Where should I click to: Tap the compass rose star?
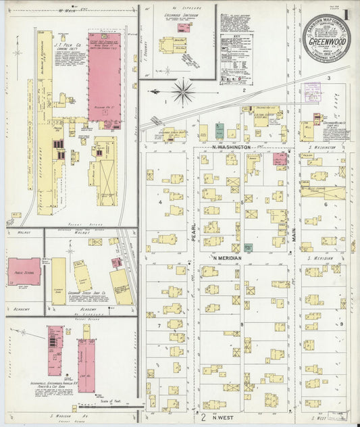coord(183,91)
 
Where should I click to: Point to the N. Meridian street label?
coord(228,258)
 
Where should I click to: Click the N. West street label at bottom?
coord(222,407)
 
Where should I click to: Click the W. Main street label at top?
coord(65,11)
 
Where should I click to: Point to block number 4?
coord(159,201)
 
